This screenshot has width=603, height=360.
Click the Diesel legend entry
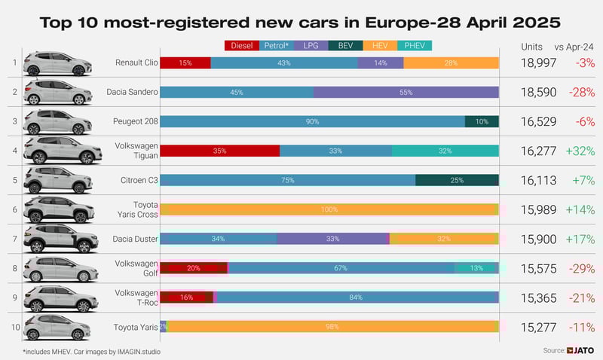pos(242,46)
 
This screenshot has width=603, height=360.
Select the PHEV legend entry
pos(414,46)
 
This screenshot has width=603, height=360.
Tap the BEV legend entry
pos(345,46)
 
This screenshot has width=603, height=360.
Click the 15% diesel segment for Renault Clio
pos(185,63)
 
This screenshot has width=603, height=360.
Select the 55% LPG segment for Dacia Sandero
pos(406,92)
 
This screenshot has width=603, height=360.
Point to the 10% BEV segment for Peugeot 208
pos(482,121)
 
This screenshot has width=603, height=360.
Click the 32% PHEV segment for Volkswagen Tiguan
pos(445,151)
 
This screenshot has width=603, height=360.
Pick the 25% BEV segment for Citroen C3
pos(457,180)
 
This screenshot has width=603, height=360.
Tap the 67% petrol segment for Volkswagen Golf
pos(341,268)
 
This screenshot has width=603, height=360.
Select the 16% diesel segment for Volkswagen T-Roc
pos(187,297)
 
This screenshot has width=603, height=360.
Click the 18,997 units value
pos(538,63)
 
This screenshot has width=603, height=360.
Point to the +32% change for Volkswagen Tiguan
pos(580,151)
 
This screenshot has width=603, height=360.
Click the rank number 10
pos(14,327)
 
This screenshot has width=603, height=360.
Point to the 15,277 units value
pos(538,327)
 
